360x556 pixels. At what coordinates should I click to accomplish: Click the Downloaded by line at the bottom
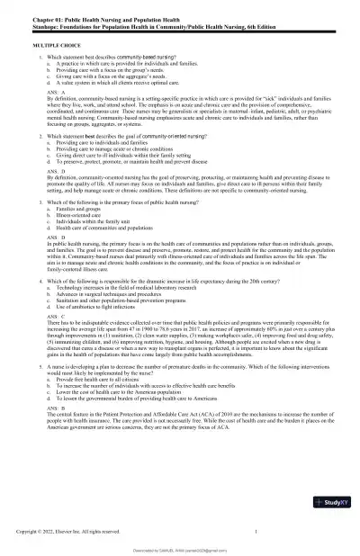tap(179, 550)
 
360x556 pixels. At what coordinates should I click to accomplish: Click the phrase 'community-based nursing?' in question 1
tap(159, 57)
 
